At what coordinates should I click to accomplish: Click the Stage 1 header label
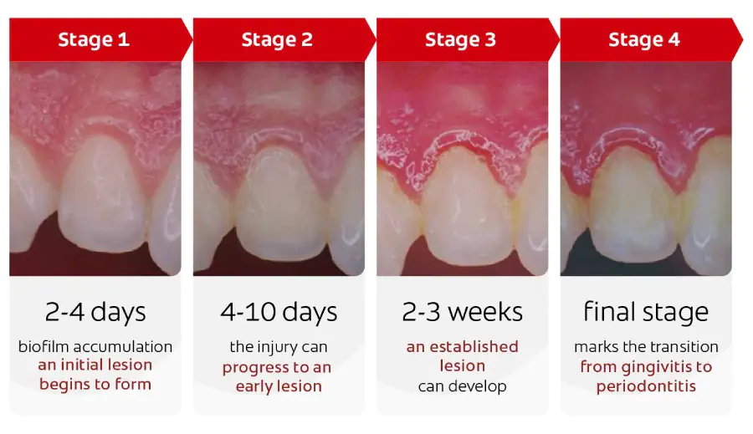pos(94,39)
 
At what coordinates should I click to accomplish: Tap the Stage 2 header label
pos(277,39)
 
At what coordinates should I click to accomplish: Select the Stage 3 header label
pos(460,39)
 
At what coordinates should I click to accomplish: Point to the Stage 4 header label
pos(643,39)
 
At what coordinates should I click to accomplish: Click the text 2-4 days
pos(95,313)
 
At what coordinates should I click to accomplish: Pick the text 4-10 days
pos(279,313)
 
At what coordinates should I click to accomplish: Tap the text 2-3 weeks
pos(462,313)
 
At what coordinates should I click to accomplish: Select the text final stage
pos(645,313)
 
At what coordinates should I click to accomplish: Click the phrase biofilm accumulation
pos(95,346)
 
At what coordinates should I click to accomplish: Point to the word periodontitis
pos(646,386)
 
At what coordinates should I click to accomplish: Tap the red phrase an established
pos(462,346)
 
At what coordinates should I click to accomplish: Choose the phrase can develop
pos(462,386)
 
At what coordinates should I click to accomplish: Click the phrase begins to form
pos(95,385)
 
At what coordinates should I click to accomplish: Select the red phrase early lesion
pos(279,386)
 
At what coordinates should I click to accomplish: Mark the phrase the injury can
pos(279,346)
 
